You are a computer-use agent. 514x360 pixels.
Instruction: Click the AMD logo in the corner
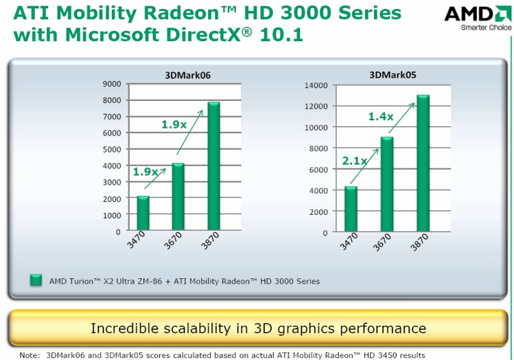478,18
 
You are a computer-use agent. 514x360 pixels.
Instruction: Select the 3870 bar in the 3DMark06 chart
214,166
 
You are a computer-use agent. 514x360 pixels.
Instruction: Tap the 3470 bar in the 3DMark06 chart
143,213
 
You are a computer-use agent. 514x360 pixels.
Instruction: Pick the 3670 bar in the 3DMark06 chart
178,197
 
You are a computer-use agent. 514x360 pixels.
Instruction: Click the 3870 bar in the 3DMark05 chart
423,163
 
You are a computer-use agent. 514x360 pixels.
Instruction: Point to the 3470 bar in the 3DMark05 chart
351,209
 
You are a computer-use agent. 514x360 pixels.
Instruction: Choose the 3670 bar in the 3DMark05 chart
387,184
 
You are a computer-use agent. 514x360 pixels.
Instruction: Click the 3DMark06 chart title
188,75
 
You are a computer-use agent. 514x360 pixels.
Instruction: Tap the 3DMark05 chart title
393,75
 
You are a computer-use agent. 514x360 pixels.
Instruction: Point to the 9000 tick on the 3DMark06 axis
112,84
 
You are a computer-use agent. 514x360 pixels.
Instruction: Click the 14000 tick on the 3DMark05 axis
316,85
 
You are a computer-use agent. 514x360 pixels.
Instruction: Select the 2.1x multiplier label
355,161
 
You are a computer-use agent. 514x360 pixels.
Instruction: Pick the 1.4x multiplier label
381,116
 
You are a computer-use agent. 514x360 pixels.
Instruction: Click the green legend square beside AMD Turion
36,280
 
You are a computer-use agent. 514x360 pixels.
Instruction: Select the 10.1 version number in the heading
281,35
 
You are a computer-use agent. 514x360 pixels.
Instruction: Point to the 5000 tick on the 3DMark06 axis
112,150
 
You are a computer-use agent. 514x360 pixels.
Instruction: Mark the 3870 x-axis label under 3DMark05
420,242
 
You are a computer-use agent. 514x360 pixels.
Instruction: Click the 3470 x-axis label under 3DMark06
136,240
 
